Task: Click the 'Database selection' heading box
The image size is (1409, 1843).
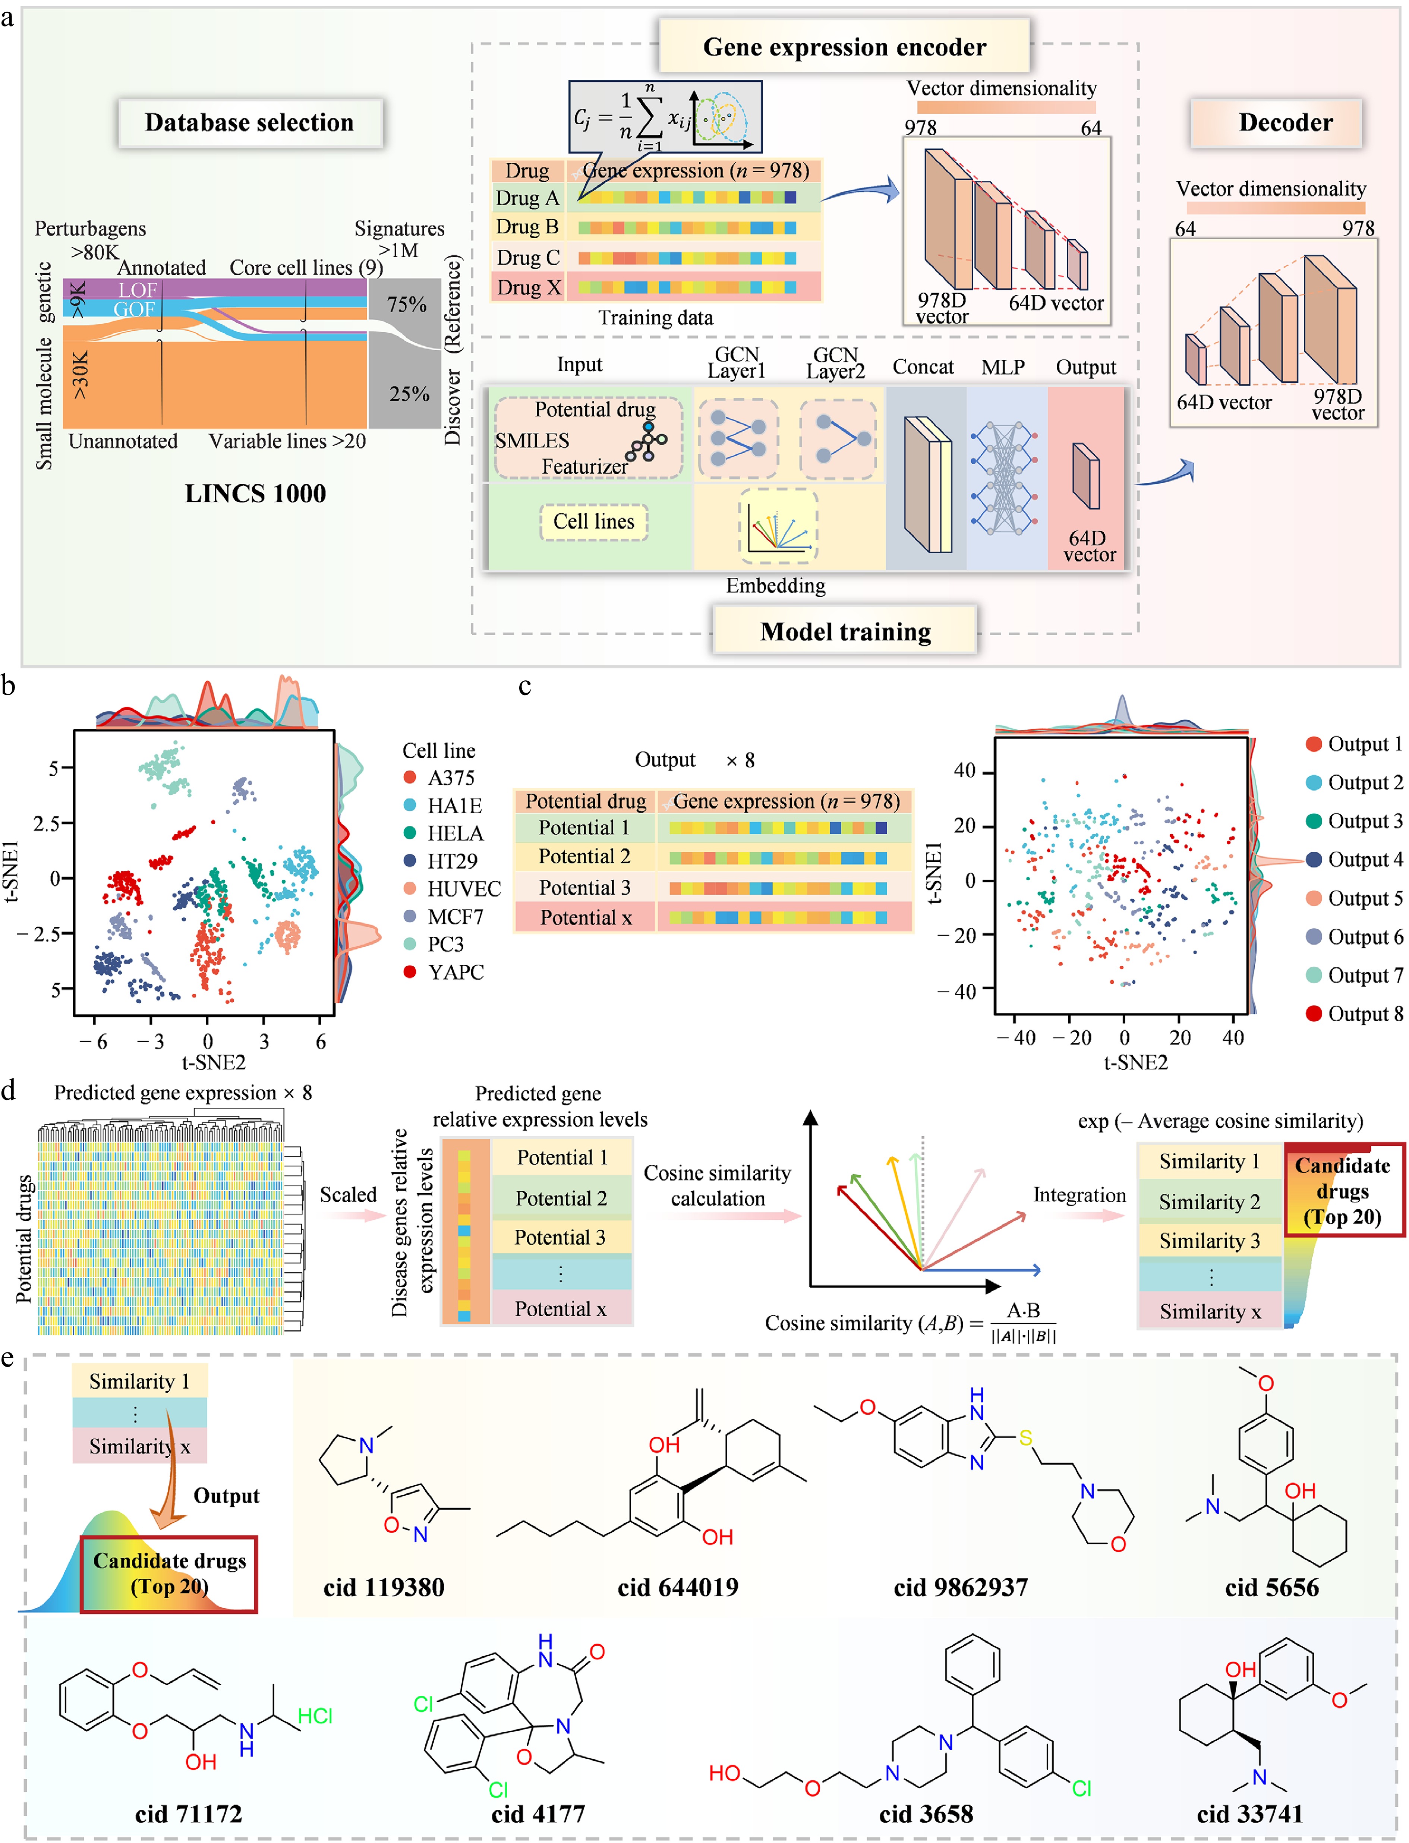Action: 250,123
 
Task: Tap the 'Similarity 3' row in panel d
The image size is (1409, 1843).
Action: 1209,1241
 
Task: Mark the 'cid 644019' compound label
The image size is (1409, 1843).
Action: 678,1587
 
